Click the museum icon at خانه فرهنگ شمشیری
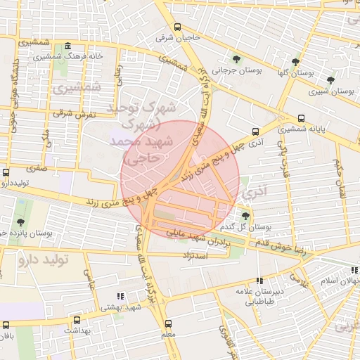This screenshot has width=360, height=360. coord(67,47)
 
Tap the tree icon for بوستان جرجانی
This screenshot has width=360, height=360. coord(236,59)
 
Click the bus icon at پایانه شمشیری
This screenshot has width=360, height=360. coord(302,118)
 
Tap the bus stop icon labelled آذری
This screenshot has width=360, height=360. coord(255,131)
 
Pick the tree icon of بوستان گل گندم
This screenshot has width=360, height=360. coord(245,216)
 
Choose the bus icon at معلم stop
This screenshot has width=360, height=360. coord(167,324)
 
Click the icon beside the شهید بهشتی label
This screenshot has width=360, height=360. coord(120,296)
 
